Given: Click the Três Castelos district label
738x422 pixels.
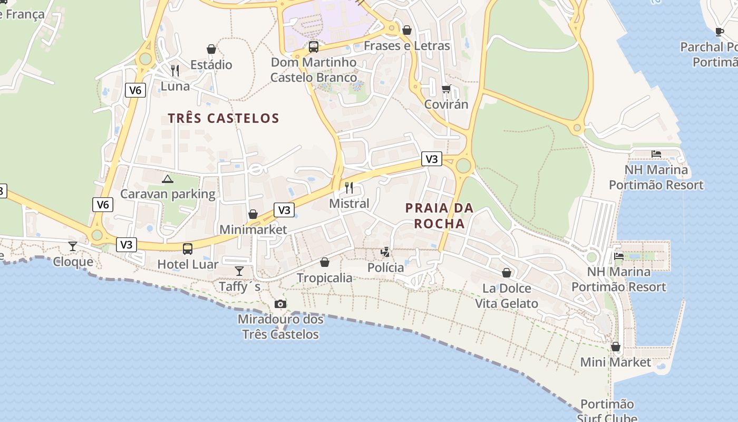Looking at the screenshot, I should point(224,118).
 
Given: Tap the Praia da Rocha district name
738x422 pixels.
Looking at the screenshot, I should point(439,216).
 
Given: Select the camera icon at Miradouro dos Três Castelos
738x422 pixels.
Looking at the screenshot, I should point(280,304).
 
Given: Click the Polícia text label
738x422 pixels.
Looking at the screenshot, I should point(385,267).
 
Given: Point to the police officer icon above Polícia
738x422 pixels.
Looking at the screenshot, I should point(386,252).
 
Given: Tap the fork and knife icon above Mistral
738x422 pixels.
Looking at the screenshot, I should point(348,187).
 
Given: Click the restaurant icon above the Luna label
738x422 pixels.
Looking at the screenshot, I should point(175,70).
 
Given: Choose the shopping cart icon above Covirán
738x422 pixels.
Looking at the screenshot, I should point(446,89).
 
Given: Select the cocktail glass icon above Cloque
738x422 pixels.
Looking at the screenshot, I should point(73,246).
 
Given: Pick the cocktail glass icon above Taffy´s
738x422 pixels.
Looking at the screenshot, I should point(239,271).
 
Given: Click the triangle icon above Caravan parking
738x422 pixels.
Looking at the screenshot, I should point(168,179).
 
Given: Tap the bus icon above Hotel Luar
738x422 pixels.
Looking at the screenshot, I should point(188,248).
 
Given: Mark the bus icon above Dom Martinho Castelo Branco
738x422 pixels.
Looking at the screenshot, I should point(314,47).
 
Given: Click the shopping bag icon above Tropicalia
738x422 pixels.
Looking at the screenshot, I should point(325,262).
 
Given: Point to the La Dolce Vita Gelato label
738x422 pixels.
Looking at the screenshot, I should point(507,296).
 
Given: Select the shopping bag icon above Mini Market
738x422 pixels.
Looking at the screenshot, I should point(615,347).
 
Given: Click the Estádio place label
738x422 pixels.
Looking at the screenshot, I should point(211,65).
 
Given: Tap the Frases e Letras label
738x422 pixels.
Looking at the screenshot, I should point(406,46).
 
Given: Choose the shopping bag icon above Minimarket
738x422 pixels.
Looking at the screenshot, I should point(253,214).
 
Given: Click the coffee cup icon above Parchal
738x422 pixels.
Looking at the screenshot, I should point(720,32).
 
